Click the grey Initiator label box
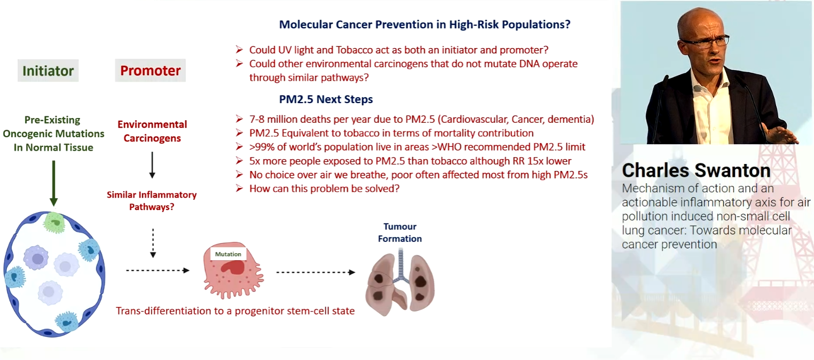(x=48, y=71)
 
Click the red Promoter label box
(x=150, y=71)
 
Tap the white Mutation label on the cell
(x=228, y=254)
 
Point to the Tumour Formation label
(x=400, y=232)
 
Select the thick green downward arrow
(x=54, y=183)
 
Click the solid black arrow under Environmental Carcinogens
(x=152, y=165)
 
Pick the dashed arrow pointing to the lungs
(x=316, y=272)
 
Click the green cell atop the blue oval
(x=54, y=222)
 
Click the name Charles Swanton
(x=696, y=170)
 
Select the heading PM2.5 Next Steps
(x=326, y=99)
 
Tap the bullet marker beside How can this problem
(x=239, y=188)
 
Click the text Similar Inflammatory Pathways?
(x=152, y=201)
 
